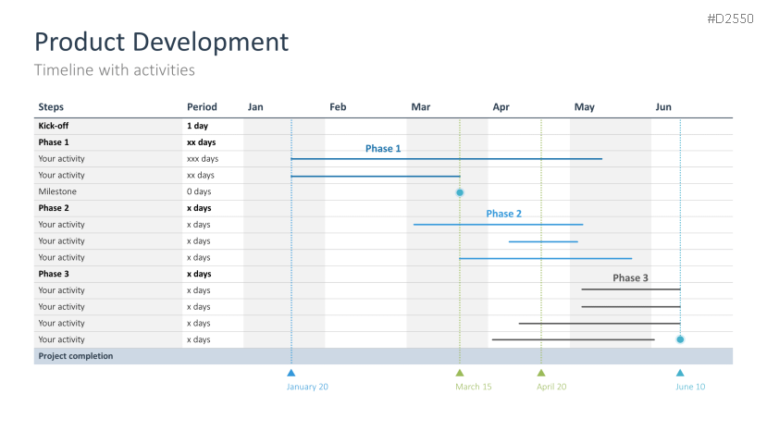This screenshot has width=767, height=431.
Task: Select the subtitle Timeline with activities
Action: [x=115, y=70]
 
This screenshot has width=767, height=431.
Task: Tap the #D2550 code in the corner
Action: [x=730, y=19]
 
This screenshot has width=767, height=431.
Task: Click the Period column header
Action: [x=202, y=107]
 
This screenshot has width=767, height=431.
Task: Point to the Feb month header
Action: [x=338, y=107]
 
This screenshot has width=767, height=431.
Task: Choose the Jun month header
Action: [x=663, y=107]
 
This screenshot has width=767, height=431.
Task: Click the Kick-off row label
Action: [x=54, y=126]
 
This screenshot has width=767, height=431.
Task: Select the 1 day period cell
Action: [x=197, y=126]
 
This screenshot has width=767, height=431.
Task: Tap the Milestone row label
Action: [x=57, y=191]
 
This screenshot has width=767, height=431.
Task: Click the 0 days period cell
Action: [x=199, y=191]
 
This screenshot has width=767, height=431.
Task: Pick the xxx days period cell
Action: [x=203, y=159]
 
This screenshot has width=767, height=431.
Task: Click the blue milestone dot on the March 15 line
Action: [x=460, y=192]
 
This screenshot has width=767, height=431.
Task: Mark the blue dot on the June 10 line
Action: [x=680, y=339]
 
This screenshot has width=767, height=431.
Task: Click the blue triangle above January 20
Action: [x=291, y=374]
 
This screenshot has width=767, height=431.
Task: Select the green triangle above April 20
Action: [x=541, y=374]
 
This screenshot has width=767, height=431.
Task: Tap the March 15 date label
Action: [x=474, y=387]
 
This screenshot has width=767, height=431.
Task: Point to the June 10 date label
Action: [x=690, y=387]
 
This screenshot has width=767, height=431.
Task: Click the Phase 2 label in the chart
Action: [x=504, y=214]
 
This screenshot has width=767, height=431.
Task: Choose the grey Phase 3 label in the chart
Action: [x=630, y=277]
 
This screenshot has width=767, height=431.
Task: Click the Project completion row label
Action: [x=76, y=356]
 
